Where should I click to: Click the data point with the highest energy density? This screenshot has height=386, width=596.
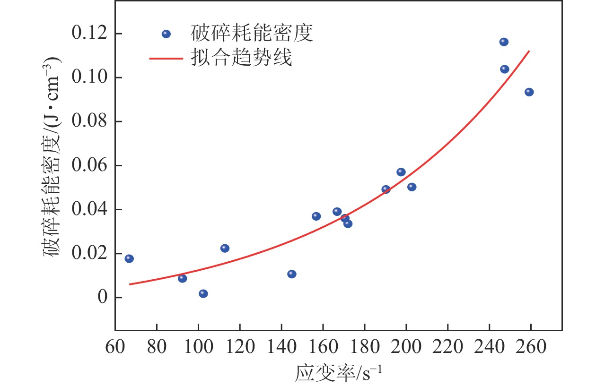504,42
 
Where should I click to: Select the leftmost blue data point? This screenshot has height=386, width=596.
129,258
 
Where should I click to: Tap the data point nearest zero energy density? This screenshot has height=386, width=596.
203,293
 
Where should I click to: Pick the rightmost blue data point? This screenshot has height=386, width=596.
529,92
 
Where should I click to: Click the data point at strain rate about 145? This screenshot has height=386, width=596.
292,274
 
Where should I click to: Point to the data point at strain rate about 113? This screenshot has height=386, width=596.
225,248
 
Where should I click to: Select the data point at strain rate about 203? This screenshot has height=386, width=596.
412,187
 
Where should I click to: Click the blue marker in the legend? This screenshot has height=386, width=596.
166,34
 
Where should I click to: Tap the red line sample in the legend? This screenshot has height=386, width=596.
166,59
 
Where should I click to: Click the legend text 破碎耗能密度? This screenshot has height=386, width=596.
252,34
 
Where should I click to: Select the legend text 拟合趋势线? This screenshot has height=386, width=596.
241,59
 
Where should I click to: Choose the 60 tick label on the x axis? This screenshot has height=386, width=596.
115,348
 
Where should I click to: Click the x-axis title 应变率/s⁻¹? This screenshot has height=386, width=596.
338,373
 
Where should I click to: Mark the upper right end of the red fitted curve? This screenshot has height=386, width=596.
529,51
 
